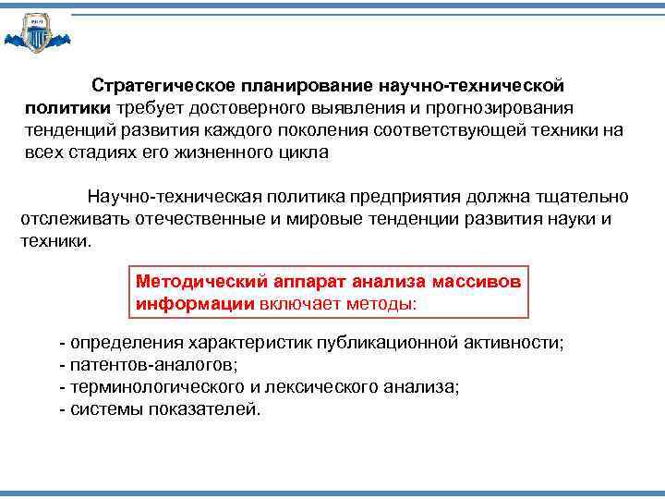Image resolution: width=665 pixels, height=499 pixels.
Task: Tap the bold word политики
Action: [x=66, y=108]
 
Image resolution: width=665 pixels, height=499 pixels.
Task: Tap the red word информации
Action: [x=195, y=302]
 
